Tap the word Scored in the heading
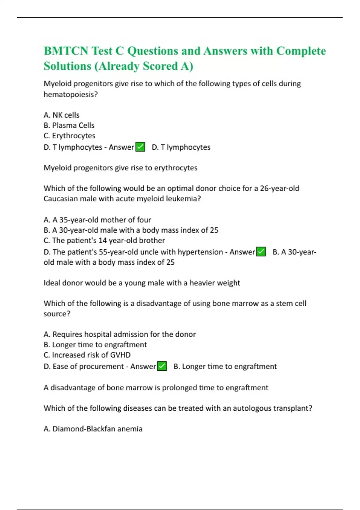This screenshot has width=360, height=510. coord(160,66)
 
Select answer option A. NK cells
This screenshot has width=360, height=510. coord(61,115)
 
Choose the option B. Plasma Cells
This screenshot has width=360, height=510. coord(69,125)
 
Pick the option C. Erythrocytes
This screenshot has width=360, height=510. coord(69,136)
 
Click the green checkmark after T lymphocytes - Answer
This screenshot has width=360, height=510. coord(140,147)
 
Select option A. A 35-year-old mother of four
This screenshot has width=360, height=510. coord(97,220)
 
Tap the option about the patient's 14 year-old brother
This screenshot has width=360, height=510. coord(104,240)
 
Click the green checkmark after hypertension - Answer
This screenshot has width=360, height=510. coord(261,252)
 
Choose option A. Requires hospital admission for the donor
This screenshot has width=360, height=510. coord(119,334)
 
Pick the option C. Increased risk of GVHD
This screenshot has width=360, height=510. coord(87,355)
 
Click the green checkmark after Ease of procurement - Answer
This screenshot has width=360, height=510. coord(162,366)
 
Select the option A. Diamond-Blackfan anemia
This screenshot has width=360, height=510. coord(93,429)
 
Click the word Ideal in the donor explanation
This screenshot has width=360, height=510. coord(52,283)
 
